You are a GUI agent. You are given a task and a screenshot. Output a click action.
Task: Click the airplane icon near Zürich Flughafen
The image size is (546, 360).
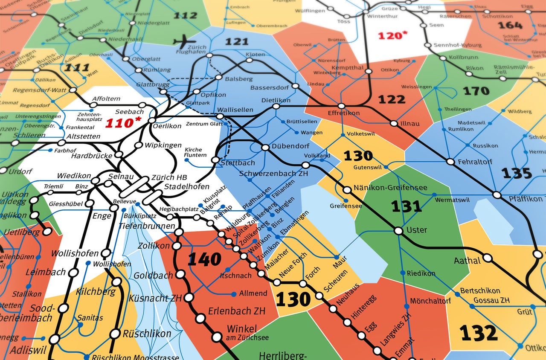(184, 41)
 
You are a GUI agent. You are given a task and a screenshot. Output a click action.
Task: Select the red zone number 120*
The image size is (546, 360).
(390, 35)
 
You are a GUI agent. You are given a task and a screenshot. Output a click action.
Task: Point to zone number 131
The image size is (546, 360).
(407, 206)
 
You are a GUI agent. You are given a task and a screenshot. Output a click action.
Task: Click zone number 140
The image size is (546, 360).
(204, 259)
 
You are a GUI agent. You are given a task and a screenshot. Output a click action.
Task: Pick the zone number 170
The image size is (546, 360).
(476, 91)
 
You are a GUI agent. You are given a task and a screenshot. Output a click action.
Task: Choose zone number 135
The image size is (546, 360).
(517, 173)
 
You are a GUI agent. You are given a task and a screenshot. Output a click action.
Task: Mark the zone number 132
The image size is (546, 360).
(479, 333)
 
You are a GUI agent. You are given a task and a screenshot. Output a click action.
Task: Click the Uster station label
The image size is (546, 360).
(417, 230)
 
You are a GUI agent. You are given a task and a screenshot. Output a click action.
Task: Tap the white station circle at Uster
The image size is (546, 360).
(398, 231)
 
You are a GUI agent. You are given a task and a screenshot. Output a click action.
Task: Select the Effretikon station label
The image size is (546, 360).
(344, 113)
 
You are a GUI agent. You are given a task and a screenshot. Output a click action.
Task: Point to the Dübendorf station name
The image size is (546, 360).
(290, 146)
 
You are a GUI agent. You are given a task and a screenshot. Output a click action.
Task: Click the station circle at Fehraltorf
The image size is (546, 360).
(450, 162)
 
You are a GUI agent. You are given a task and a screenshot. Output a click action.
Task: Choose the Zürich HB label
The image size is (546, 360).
(169, 177)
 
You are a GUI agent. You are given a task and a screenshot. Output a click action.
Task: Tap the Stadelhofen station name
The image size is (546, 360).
(187, 186)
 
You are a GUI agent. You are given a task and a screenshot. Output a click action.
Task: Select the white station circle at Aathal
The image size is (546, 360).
(488, 258)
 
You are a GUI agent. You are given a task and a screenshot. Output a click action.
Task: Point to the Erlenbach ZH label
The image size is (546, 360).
(236, 311)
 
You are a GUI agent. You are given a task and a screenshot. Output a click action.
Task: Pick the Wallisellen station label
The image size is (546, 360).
(235, 110)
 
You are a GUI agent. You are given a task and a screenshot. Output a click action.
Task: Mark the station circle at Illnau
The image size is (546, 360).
(394, 124)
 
